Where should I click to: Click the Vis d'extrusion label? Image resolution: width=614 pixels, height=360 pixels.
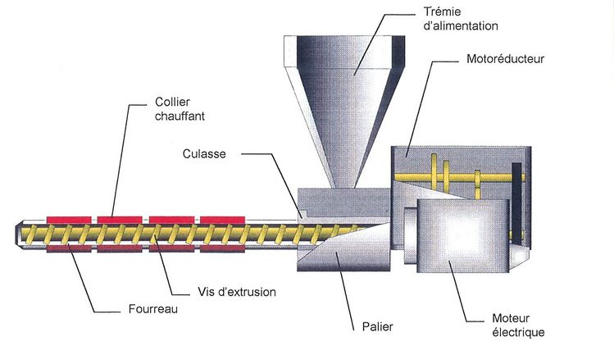coord(237,291)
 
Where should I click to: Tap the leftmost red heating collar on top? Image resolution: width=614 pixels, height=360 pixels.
coord(70,219)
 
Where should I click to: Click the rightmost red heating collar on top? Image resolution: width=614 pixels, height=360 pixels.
coord(221,219)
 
